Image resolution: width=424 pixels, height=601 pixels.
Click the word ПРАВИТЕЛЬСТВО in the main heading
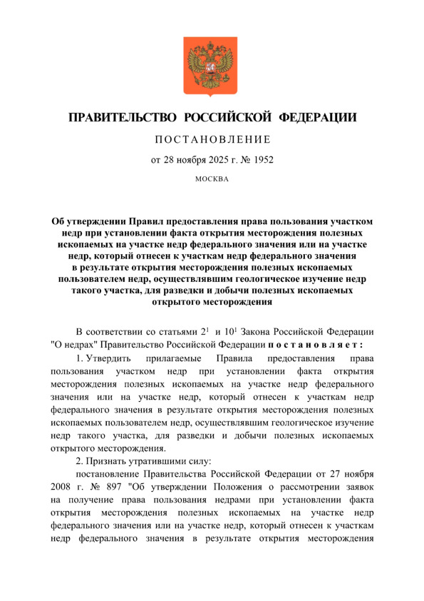point(119,116)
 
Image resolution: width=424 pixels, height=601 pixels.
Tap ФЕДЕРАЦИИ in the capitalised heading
point(316,116)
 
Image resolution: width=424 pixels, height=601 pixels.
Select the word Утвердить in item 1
point(108,358)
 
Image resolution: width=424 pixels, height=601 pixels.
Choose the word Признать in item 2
point(109,462)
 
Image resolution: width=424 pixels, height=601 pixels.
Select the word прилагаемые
point(171,358)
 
